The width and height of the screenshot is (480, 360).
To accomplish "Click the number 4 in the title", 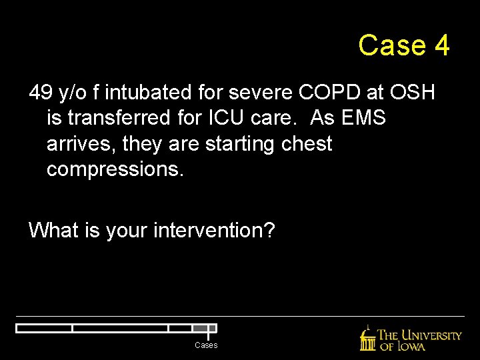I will click(x=441, y=45).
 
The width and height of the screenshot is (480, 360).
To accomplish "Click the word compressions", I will click(x=114, y=169).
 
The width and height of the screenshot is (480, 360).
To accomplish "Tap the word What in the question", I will click(x=53, y=231).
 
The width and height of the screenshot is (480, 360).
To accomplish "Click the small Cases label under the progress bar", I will click(x=206, y=345).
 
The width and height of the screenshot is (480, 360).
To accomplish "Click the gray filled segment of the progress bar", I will click(x=201, y=328).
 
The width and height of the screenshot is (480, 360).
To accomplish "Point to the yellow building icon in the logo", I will click(x=367, y=339).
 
